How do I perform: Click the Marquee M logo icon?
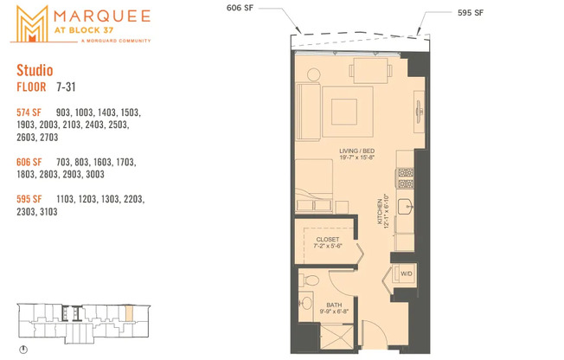[x=29, y=23]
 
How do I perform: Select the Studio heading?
[x=34, y=70]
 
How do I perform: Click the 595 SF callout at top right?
[x=469, y=13]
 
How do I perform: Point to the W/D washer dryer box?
[x=406, y=274]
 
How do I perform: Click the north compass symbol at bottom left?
[x=23, y=350]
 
